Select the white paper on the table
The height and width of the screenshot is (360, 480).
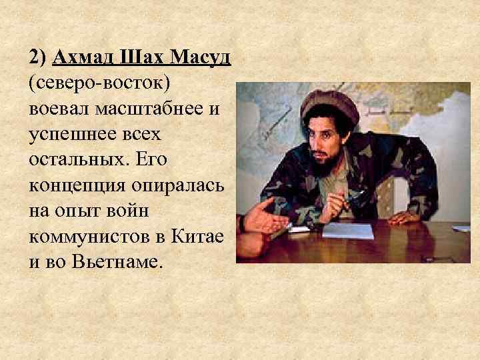347,231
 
